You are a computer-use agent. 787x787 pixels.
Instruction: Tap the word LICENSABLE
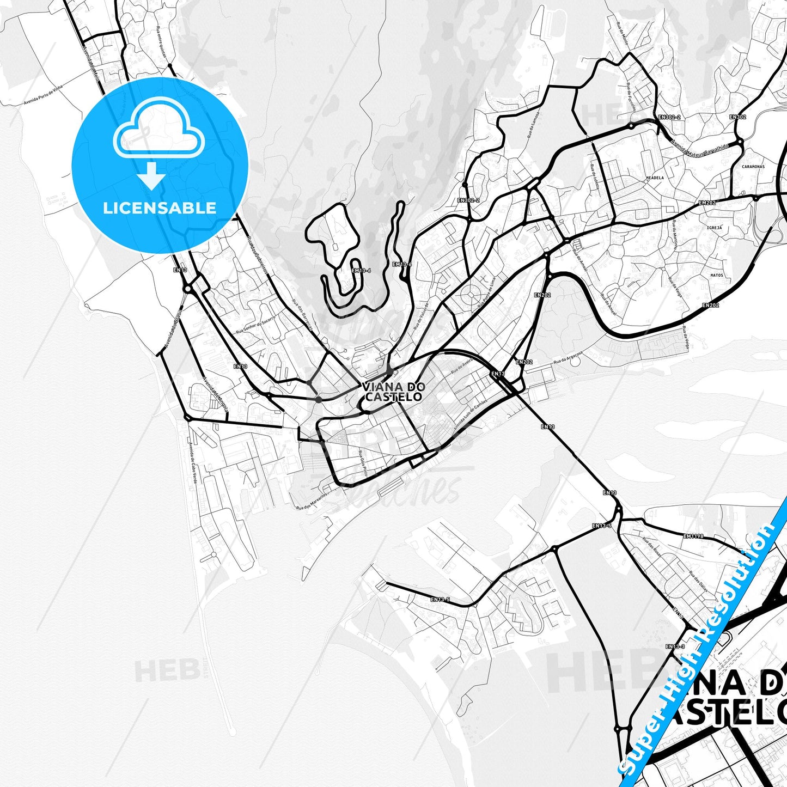[160, 208]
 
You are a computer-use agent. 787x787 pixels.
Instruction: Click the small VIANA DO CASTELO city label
[393, 392]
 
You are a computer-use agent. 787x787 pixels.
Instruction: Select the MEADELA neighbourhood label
[655, 178]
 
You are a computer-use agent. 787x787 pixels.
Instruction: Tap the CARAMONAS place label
[753, 167]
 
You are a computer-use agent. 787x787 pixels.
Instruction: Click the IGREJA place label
[714, 228]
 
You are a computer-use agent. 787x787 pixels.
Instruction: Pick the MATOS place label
[717, 276]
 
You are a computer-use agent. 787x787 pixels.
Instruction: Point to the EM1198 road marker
[693, 536]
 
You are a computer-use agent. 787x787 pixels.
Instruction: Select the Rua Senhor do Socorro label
[257, 325]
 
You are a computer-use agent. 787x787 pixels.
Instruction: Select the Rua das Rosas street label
[652, 547]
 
